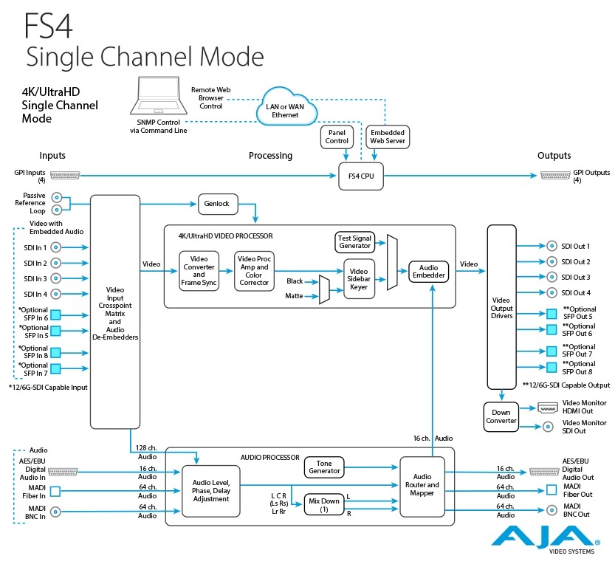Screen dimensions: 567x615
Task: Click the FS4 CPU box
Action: coord(361,176)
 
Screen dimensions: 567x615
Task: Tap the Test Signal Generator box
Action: coord(354,241)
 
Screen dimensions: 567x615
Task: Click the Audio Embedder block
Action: coord(430,272)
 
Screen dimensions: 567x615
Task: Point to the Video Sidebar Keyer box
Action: coord(360,278)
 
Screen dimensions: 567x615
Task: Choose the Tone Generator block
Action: coord(324,467)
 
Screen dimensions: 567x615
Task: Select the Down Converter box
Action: coord(502,417)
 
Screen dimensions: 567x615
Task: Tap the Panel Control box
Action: coord(337,136)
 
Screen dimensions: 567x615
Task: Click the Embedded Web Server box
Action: coord(387,136)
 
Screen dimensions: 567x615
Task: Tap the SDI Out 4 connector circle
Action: coord(550,293)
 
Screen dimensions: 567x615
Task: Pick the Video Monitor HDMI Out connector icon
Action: coord(548,408)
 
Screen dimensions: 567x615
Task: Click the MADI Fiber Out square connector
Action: coord(550,489)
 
